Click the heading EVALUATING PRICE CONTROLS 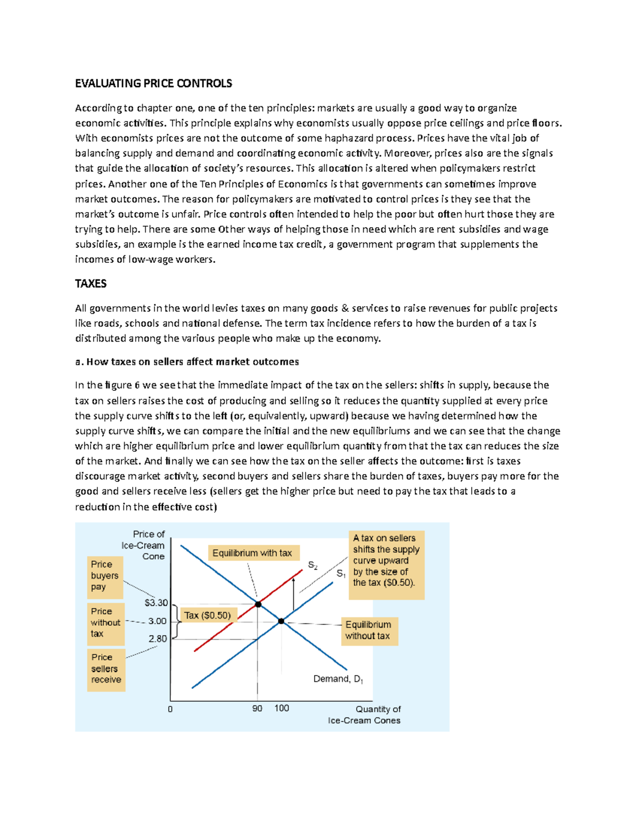tap(153, 83)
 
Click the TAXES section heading tap(91, 284)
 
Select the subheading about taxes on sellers tap(187, 362)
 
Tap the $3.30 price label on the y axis tap(156, 602)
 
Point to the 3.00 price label tap(157, 621)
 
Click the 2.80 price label tap(158, 639)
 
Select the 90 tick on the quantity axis tap(257, 709)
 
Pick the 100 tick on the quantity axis tap(282, 709)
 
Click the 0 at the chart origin tap(170, 710)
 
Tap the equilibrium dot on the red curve tap(258, 605)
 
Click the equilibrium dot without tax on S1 tap(281, 621)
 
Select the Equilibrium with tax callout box tap(252, 553)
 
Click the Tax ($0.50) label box tap(208, 615)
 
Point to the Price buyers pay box tap(105, 576)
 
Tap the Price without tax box tap(105, 623)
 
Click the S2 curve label tap(313, 566)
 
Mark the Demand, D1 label tap(338, 679)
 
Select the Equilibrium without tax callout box tap(368, 630)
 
